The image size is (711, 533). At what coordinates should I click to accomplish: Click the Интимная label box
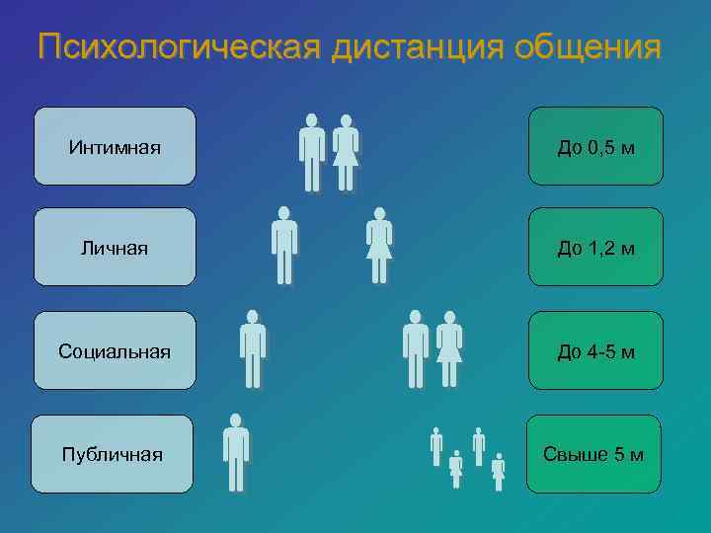click(115, 147)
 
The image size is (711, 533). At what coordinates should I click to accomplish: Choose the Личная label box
click(115, 247)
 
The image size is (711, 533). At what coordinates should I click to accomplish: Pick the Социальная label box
click(115, 350)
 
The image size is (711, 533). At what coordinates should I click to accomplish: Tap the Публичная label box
click(112, 454)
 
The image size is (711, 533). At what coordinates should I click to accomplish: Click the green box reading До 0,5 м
click(595, 147)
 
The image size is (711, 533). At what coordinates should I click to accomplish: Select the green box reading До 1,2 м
click(595, 247)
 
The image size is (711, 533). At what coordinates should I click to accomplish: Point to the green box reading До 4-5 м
click(595, 350)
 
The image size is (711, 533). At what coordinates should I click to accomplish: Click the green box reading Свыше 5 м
click(593, 454)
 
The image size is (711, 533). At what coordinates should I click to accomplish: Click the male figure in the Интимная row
click(312, 153)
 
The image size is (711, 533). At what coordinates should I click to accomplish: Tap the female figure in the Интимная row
click(345, 153)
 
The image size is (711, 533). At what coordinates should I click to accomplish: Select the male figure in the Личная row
click(283, 246)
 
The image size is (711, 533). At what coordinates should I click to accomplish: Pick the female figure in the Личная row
click(378, 246)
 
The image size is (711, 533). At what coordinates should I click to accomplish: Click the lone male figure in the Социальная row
click(253, 348)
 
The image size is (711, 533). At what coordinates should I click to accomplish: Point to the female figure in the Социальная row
click(449, 348)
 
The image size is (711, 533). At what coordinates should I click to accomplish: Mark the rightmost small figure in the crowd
click(498, 472)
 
